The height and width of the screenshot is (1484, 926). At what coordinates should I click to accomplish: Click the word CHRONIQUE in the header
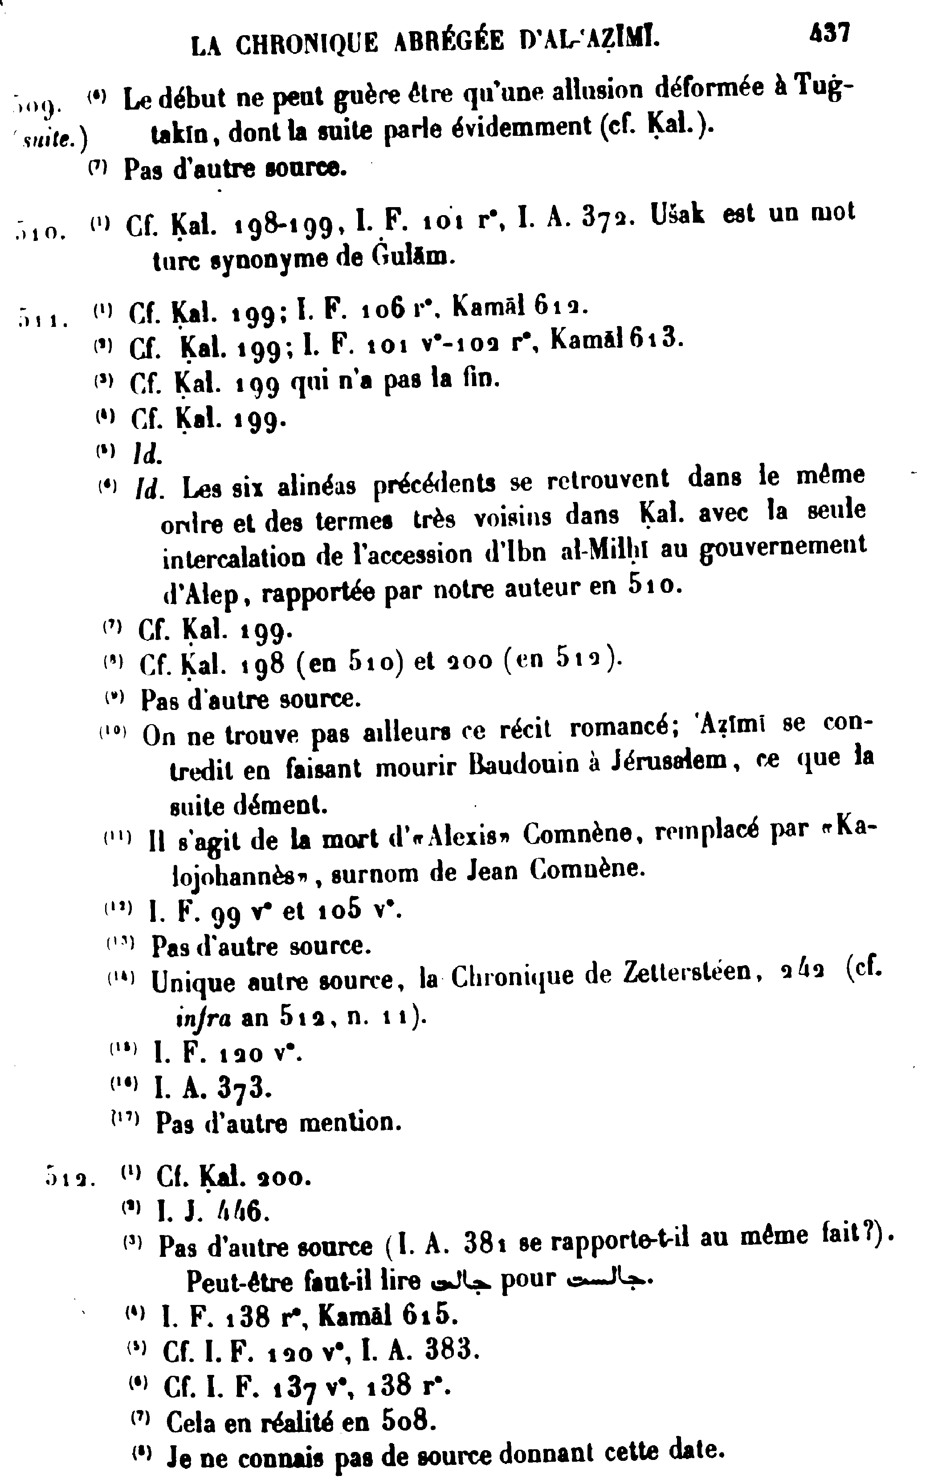click(x=307, y=44)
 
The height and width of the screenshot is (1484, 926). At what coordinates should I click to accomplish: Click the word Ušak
click(x=678, y=215)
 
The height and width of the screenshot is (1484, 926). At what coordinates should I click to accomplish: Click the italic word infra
click(x=203, y=1017)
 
